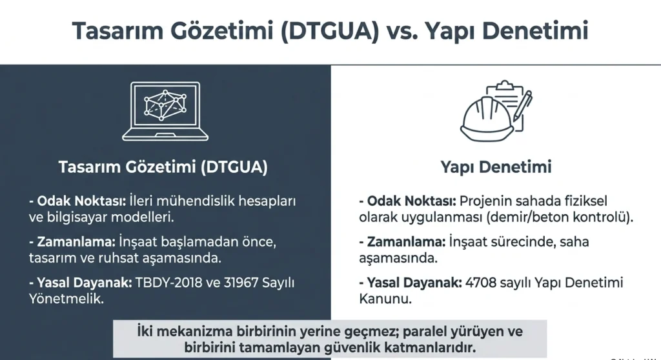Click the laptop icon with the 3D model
click(x=165, y=111)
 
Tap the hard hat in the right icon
click(x=487, y=120)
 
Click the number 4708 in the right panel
click(x=480, y=283)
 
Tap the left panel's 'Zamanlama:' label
click(x=76, y=242)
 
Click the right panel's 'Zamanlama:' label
click(x=406, y=242)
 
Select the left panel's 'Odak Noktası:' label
click(x=81, y=201)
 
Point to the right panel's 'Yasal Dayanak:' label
click(x=414, y=283)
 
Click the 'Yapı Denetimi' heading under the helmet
click(x=496, y=167)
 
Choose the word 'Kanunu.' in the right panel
click(x=385, y=299)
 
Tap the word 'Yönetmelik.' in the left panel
click(x=66, y=299)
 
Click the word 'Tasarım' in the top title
click(x=117, y=31)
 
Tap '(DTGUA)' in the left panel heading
click(x=234, y=167)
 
